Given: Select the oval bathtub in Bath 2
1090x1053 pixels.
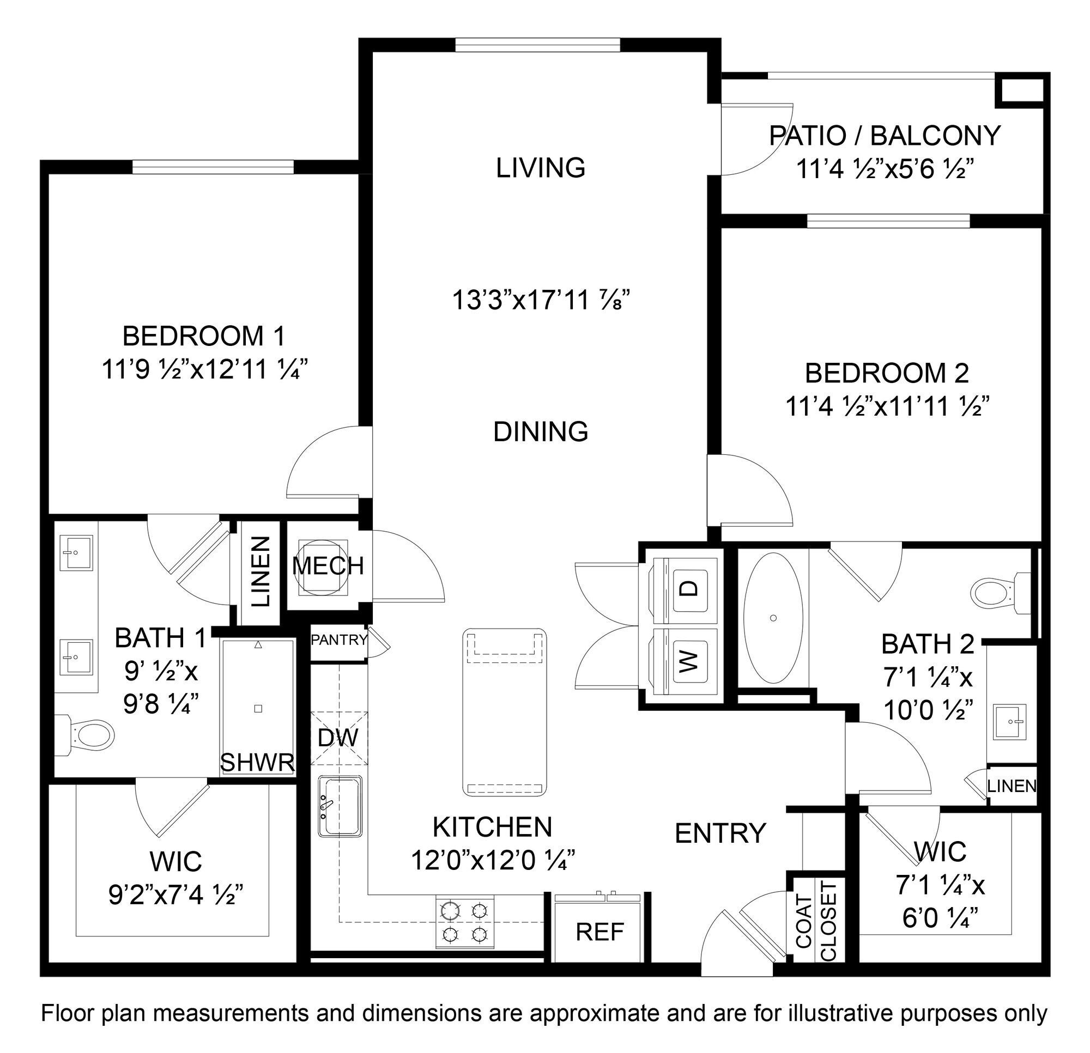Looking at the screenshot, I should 773,618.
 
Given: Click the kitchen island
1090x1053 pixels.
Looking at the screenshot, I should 505,711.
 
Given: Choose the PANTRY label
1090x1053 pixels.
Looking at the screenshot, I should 338,640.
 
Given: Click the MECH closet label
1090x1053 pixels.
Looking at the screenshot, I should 328,566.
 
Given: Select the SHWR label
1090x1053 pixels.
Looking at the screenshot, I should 257,763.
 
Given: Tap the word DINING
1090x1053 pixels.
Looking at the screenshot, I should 541,432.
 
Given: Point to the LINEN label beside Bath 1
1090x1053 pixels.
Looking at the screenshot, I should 261,571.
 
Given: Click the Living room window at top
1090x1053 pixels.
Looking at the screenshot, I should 537,45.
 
